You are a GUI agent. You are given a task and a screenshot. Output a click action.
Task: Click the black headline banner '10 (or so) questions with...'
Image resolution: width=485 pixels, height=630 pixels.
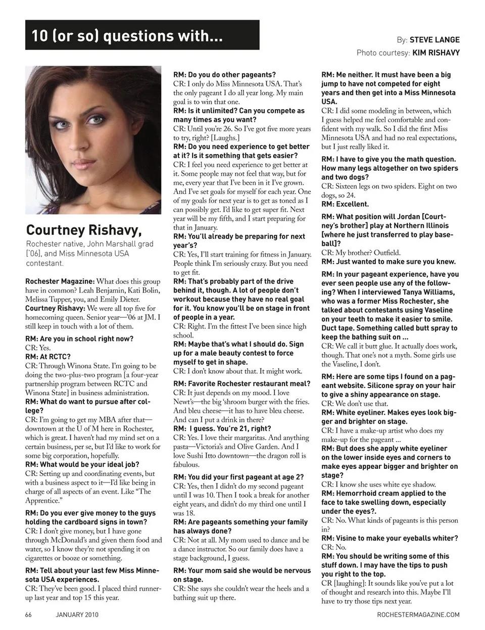(142, 35)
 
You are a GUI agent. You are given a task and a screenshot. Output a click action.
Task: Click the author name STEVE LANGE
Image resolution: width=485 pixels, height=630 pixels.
(434, 39)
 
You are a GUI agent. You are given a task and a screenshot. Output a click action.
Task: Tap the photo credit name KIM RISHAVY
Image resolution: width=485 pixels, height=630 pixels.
(436, 53)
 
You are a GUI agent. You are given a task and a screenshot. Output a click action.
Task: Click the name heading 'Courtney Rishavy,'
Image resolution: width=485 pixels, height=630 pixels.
(84, 230)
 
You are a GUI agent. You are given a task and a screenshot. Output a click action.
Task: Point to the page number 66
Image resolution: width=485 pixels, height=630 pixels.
(29, 614)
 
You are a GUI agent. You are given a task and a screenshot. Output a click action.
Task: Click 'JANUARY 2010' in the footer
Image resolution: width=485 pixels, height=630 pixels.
(77, 614)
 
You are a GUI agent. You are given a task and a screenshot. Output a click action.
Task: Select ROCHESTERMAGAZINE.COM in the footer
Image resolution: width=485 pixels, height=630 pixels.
(418, 614)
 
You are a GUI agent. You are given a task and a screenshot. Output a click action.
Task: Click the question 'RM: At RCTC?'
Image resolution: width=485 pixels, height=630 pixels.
(48, 357)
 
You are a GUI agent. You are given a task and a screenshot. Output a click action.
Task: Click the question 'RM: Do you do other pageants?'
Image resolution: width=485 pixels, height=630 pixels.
(224, 75)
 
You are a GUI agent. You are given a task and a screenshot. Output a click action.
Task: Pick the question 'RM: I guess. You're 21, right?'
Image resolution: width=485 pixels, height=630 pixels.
(222, 428)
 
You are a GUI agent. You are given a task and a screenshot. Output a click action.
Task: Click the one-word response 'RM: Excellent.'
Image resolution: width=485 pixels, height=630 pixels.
(345, 204)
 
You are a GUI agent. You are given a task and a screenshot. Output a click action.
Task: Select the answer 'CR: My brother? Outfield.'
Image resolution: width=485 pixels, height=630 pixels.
(361, 253)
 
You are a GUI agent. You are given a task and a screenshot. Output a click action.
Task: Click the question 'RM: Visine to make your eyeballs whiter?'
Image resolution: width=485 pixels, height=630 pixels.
(390, 538)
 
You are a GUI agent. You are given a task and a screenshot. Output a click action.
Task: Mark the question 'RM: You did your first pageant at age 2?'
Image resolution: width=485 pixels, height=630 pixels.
(238, 477)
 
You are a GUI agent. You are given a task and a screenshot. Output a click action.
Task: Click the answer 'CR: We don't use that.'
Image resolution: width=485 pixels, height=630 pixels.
(355, 404)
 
